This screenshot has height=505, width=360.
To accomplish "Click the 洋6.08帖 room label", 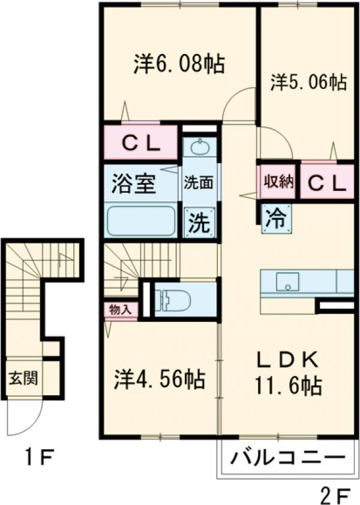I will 179,64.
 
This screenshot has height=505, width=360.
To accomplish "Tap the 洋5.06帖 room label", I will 308,82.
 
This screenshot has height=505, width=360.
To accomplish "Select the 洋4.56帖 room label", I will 160,379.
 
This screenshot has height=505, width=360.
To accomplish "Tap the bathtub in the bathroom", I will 142,220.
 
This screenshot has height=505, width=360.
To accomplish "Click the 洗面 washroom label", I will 199,183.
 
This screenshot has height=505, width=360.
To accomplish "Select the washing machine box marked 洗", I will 199,223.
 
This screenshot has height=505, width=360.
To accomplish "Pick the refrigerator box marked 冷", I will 275,218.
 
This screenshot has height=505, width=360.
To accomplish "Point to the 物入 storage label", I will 121,310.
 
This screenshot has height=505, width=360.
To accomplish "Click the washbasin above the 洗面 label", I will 199,147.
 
